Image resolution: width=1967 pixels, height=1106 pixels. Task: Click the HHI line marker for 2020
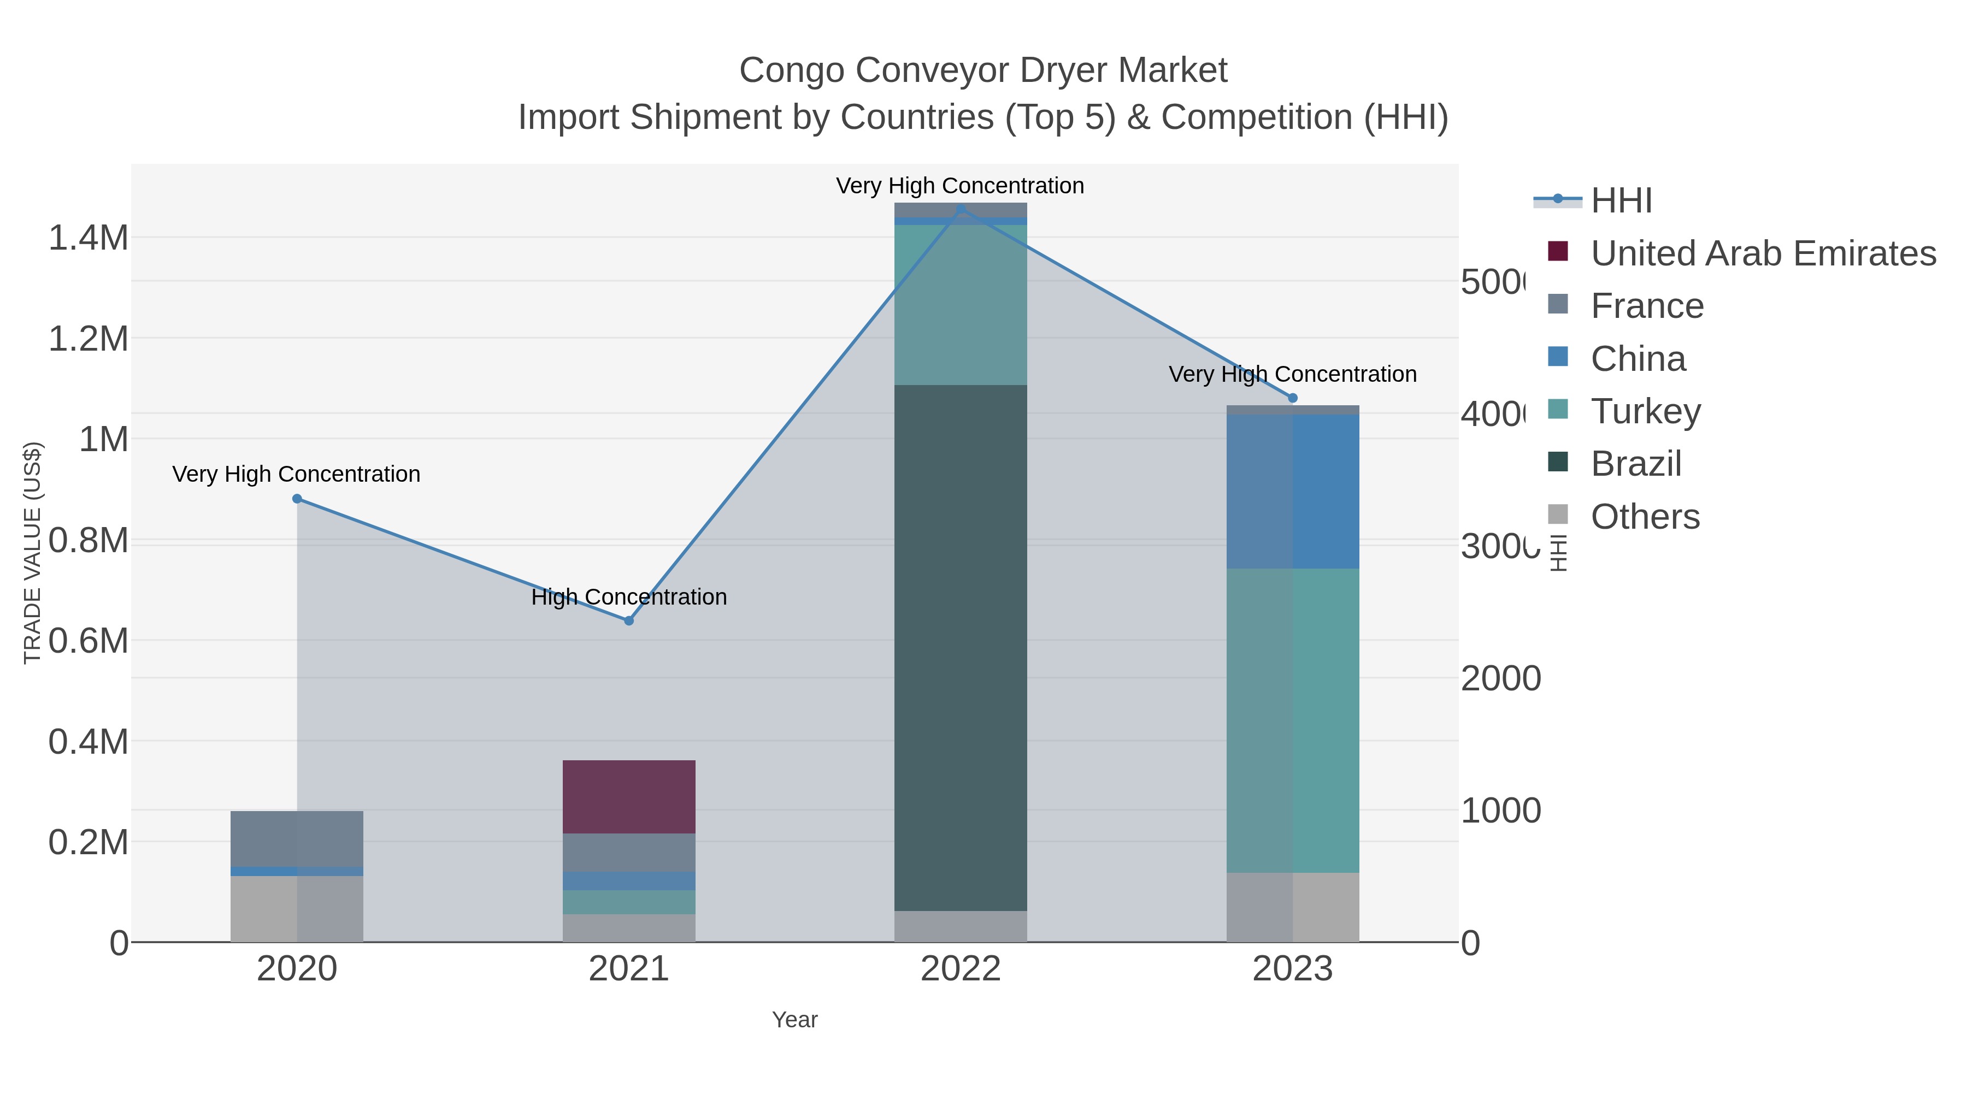pos(297,499)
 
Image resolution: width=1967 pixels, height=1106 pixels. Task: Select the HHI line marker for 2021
pos(628,620)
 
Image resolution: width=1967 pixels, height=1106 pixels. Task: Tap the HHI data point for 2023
pos(1292,398)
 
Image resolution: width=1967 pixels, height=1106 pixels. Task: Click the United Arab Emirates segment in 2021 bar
pos(628,796)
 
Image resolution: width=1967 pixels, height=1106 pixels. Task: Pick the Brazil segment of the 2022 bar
pos(960,647)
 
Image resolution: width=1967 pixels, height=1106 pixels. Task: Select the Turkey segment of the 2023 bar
pos(1292,720)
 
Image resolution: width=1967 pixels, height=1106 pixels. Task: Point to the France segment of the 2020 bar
pos(297,838)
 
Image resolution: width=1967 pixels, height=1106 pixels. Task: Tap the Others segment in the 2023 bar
pos(1292,907)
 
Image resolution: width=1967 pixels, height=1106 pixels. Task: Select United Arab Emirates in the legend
pos(1762,253)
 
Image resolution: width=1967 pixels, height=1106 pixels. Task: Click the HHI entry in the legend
pos(1621,201)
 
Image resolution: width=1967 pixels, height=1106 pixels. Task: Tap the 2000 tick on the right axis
pos(1500,678)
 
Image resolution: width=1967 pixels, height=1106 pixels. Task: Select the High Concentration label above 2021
pos(628,597)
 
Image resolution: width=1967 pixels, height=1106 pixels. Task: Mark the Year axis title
pos(794,1020)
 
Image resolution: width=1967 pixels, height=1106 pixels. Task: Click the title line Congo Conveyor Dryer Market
pos(983,70)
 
